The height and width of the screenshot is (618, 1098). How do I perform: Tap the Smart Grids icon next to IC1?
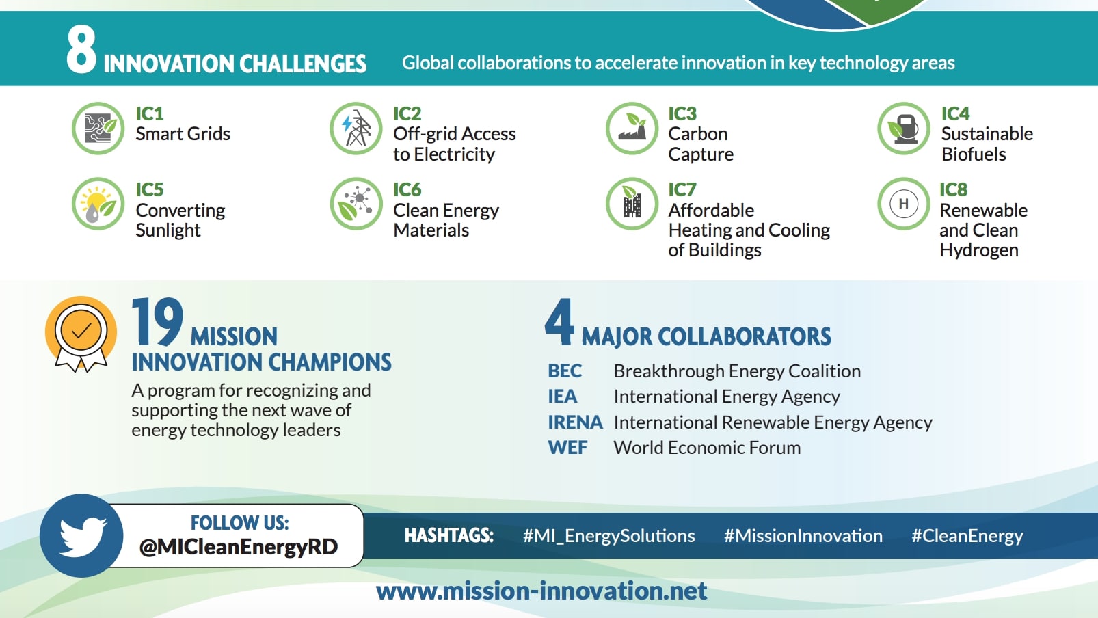98,129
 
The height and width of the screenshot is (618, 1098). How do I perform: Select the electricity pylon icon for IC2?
356,129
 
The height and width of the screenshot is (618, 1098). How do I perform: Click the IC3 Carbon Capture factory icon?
632,129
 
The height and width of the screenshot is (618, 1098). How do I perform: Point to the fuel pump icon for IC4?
904,129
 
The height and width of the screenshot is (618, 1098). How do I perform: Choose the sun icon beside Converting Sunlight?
98,204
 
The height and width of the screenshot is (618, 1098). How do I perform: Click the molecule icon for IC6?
356,204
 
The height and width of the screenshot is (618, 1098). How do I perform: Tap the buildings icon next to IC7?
632,204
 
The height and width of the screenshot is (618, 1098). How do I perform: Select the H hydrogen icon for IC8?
904,204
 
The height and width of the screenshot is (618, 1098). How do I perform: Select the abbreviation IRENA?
574,422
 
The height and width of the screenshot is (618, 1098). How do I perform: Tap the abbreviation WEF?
567,448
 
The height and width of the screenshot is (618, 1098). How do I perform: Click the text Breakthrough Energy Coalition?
737,371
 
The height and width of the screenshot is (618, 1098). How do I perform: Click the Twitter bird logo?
82,535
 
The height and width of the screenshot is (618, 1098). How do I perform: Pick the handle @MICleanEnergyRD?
239,547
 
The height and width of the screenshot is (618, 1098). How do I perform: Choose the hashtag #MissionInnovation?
803,536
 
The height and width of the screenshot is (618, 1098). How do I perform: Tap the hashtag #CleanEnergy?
967,536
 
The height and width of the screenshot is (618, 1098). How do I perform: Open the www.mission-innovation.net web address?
541,591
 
